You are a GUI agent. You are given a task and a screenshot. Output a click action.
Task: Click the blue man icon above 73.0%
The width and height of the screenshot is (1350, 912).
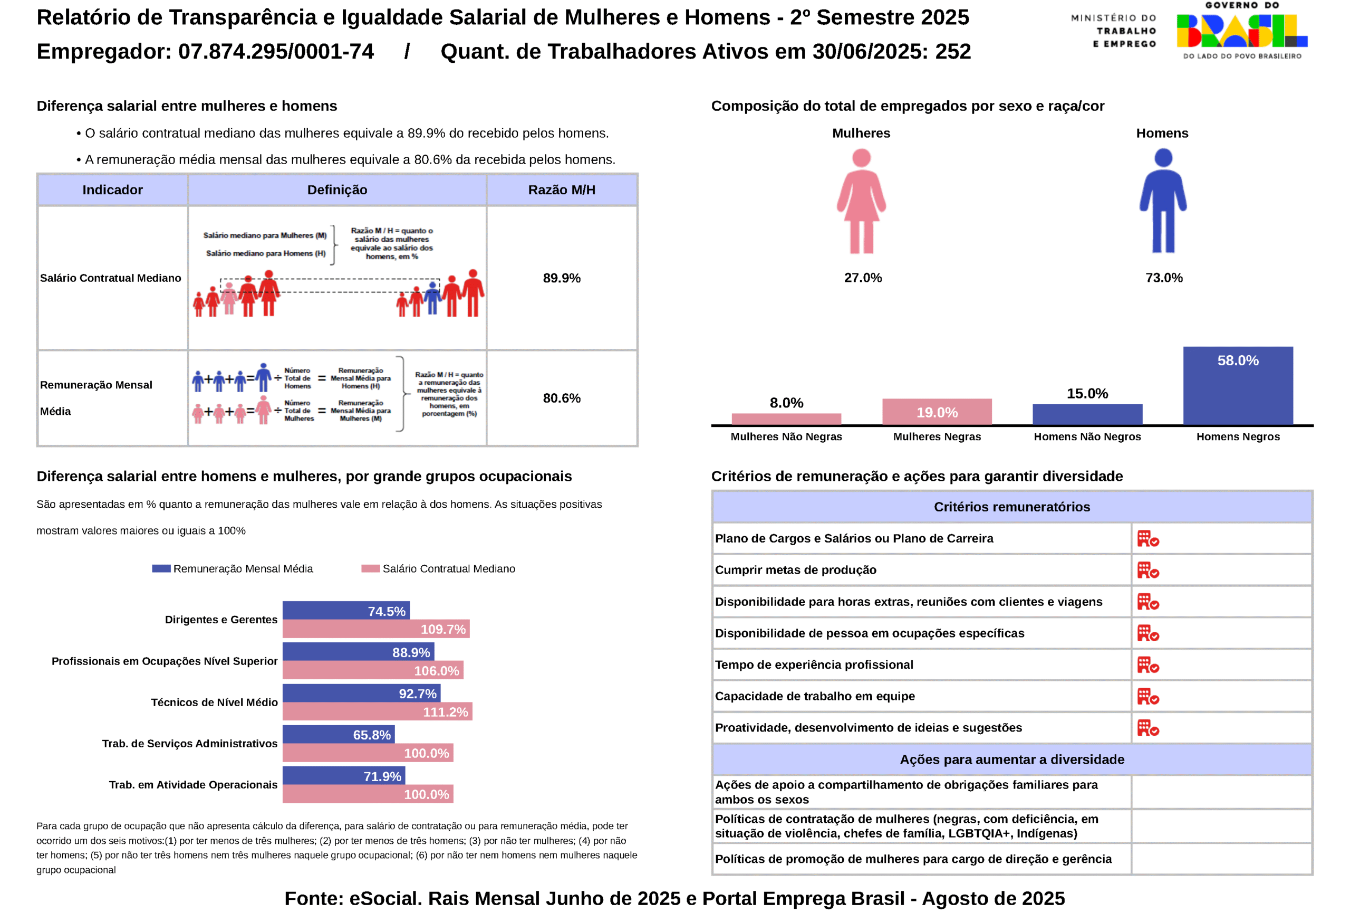(x=1162, y=201)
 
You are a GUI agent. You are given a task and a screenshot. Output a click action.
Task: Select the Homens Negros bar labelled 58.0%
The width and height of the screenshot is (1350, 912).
(x=1237, y=385)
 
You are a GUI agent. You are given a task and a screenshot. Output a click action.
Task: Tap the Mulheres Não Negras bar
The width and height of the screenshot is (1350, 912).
(x=786, y=419)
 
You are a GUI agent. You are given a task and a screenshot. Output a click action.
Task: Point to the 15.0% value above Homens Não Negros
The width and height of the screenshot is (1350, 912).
(x=1087, y=394)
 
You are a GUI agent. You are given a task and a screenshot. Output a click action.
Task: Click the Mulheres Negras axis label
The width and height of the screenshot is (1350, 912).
(x=937, y=436)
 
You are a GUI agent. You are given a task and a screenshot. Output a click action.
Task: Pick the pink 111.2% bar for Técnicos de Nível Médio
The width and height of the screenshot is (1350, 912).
(x=377, y=711)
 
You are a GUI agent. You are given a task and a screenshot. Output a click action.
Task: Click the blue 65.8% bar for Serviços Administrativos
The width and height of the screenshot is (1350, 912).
(x=338, y=734)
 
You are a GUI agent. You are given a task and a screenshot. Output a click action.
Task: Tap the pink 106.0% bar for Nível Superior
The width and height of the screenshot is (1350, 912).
(x=372, y=670)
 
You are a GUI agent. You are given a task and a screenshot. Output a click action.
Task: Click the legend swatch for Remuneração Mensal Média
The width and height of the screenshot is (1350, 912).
(x=161, y=568)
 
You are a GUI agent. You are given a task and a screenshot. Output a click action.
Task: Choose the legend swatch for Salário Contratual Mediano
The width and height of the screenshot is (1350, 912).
(x=370, y=568)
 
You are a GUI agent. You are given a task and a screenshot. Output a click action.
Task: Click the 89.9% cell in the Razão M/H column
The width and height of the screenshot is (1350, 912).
(x=561, y=278)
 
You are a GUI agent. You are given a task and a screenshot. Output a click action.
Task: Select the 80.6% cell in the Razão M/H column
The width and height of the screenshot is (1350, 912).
(x=561, y=398)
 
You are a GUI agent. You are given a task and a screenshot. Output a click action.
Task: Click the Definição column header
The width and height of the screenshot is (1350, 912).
(x=337, y=190)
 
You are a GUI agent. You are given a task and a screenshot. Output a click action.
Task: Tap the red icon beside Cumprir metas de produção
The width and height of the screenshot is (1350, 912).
(x=1147, y=570)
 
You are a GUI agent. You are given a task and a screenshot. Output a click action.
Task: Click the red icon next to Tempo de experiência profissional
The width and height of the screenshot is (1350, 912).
(x=1147, y=665)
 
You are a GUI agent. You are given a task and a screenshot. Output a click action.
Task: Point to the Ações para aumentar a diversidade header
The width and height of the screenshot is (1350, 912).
(x=1011, y=759)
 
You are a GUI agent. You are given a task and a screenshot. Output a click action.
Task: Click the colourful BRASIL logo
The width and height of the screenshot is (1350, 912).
(x=1241, y=31)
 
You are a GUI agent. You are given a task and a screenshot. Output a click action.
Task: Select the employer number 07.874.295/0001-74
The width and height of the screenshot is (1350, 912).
(x=276, y=52)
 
